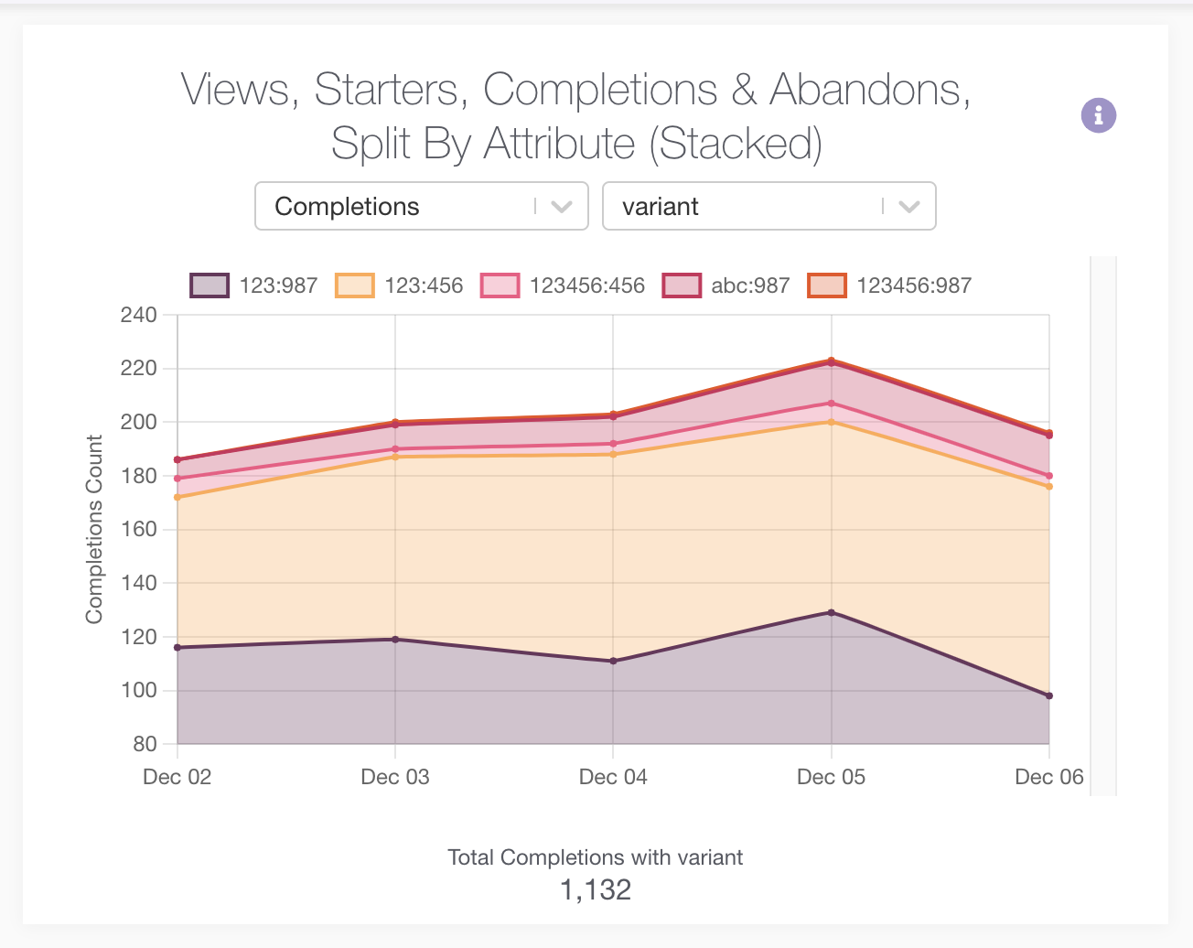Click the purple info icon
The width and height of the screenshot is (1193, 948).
point(1098,115)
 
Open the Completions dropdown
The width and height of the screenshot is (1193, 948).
point(421,207)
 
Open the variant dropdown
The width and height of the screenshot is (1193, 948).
point(768,207)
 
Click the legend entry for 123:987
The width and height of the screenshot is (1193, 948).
point(254,285)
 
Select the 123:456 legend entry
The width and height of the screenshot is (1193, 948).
point(400,285)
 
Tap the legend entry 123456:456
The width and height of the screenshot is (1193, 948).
point(563,285)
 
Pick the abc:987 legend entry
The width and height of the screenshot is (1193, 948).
point(726,285)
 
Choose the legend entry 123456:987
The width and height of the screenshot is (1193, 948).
point(890,285)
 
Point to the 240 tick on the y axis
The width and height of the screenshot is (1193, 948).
point(138,315)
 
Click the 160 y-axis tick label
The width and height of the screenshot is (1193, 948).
point(138,529)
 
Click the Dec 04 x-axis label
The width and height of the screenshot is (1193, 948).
point(613,777)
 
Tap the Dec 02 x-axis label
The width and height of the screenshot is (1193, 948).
point(177,777)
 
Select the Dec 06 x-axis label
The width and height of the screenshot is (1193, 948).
point(1048,777)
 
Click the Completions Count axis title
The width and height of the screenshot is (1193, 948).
point(94,529)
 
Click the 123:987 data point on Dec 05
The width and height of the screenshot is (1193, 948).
point(831,612)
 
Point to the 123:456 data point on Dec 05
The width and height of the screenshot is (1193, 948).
point(831,422)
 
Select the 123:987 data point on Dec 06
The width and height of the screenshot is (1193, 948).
point(1049,695)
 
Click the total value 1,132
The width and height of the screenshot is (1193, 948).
point(596,889)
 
